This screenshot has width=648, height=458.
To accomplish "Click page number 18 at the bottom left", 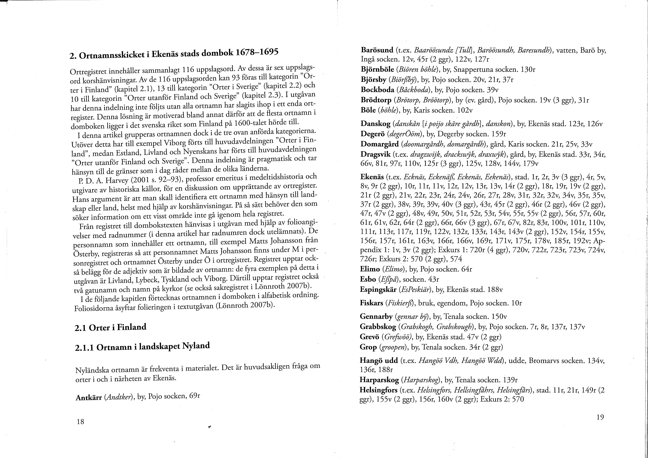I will pyautogui.click(x=80, y=422).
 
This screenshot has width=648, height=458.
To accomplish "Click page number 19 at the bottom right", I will pyautogui.click(x=600, y=417).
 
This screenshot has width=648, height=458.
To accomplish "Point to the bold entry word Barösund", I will pyautogui.click(x=377, y=50).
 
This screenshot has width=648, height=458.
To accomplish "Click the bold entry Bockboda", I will pyautogui.click(x=377, y=90).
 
